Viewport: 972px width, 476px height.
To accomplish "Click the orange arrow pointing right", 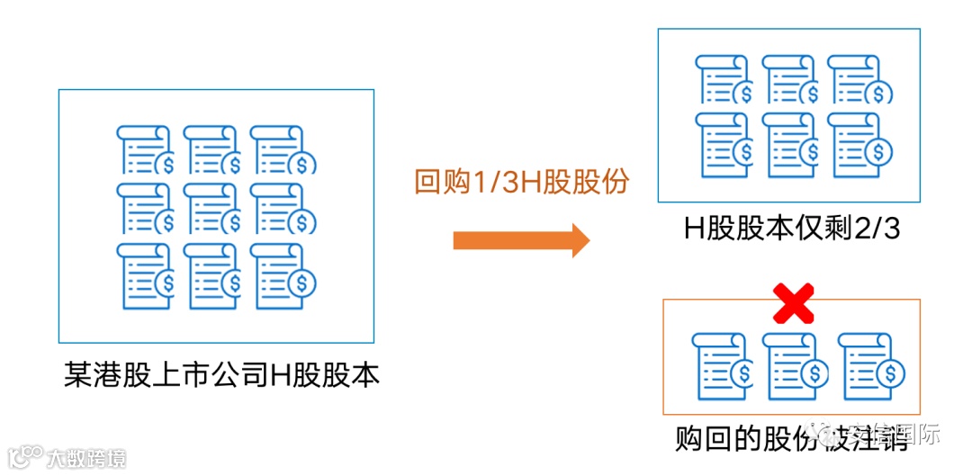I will pyautogui.click(x=520, y=240).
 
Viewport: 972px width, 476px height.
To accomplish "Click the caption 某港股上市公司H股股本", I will pyautogui.click(x=221, y=373).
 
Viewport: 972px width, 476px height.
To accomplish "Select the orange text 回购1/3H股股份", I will pyautogui.click(x=521, y=183).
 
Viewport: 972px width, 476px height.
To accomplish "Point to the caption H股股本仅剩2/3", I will pyautogui.click(x=791, y=229).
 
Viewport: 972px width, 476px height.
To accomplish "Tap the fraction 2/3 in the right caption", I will pyautogui.click(x=876, y=229).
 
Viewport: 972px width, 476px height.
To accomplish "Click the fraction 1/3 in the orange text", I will pyautogui.click(x=493, y=183).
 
